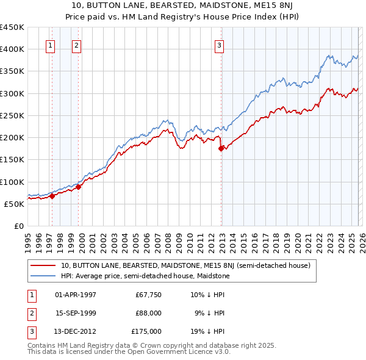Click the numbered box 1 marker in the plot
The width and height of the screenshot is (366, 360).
(x=49, y=45)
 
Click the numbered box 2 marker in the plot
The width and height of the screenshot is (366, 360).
(x=76, y=45)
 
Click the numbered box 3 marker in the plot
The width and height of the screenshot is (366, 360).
(x=219, y=45)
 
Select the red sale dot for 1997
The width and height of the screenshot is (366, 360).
(x=52, y=196)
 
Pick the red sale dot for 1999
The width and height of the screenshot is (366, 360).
(x=79, y=187)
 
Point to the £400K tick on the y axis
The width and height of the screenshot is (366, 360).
(x=12, y=49)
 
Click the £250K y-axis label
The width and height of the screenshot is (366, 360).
(x=12, y=115)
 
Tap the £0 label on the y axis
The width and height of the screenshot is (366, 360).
(x=18, y=226)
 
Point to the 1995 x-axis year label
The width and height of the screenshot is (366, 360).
(x=28, y=240)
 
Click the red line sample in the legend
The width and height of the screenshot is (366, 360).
(x=43, y=266)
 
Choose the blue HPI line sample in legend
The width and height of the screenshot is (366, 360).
(x=43, y=276)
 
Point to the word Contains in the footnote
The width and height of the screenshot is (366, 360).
(x=43, y=345)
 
